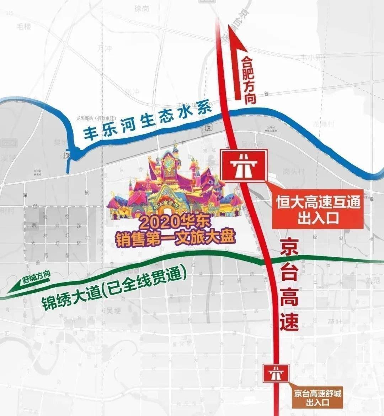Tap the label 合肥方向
coord(249,80)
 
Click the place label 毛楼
coord(24,26)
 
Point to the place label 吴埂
coord(113,310)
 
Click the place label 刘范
coord(373,280)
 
